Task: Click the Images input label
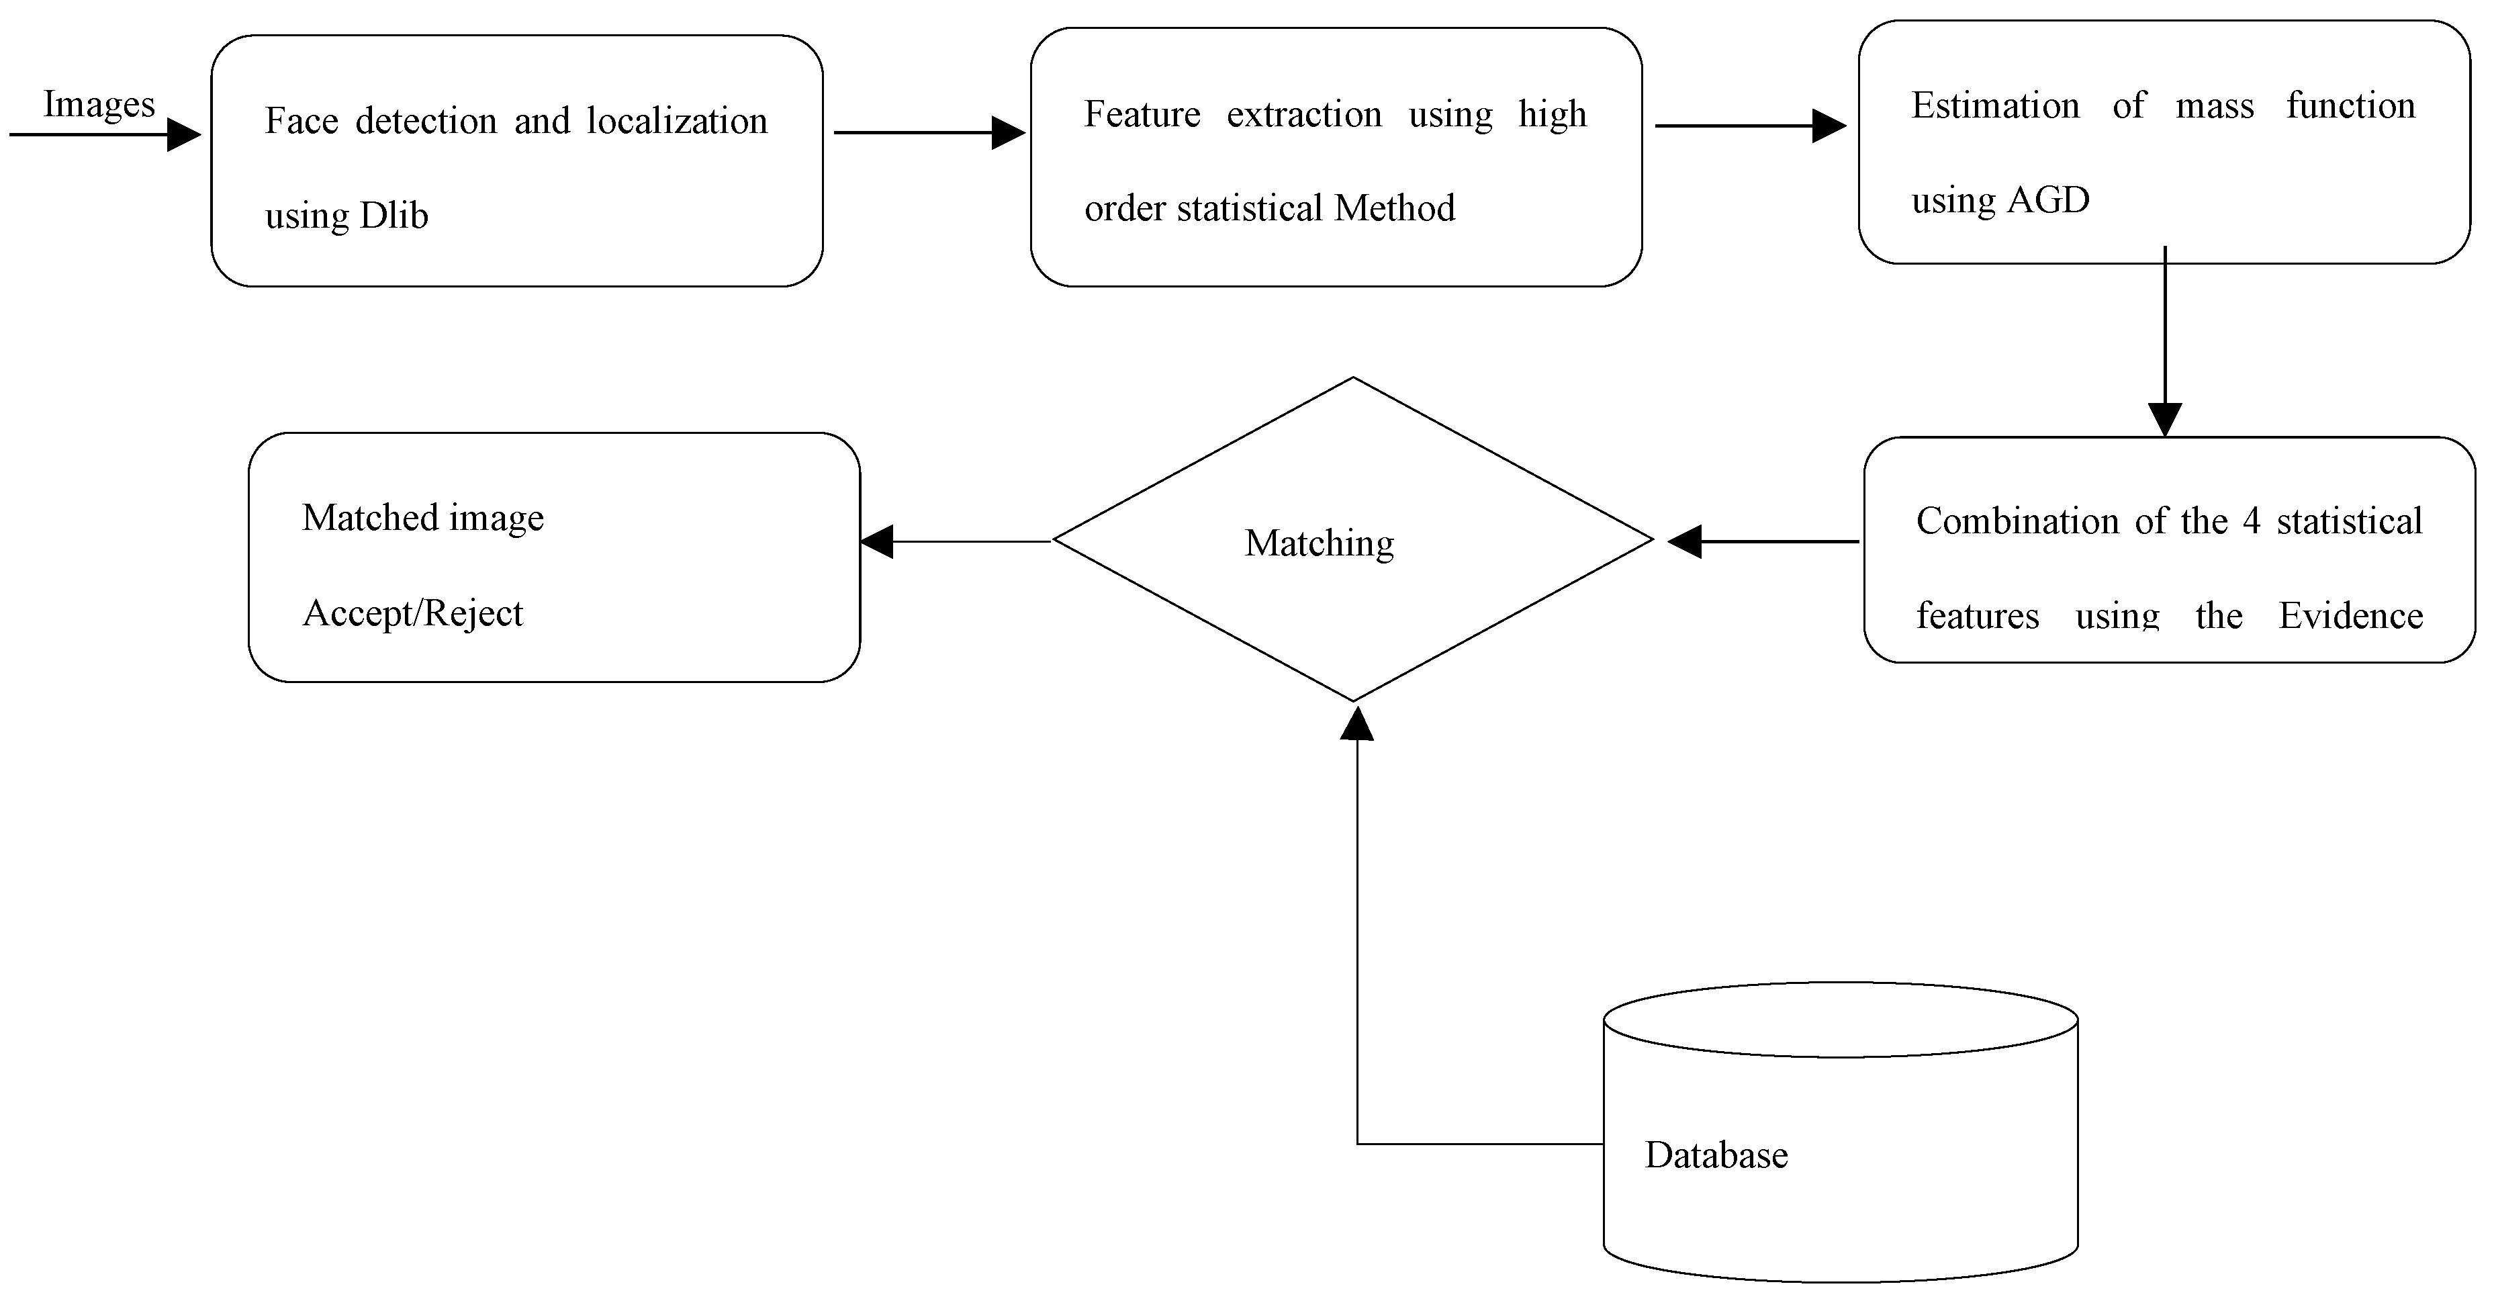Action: tap(99, 105)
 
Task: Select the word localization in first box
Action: tap(677, 121)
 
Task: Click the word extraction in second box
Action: tap(1303, 114)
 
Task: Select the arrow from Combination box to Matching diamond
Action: tap(1762, 541)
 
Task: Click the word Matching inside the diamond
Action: tap(1319, 543)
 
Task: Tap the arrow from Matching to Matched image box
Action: tap(954, 541)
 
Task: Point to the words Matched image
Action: tap(422, 518)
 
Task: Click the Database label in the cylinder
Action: tap(1716, 1155)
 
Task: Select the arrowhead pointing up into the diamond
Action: tap(1356, 724)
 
